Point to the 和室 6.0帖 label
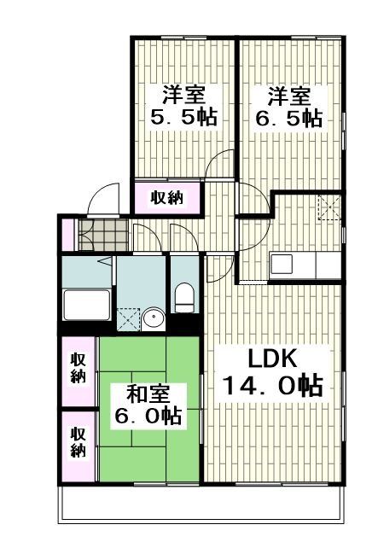coord(148,405)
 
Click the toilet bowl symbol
coord(183,300)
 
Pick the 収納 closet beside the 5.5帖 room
coord(167,198)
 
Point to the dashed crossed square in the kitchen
coord(329,207)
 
